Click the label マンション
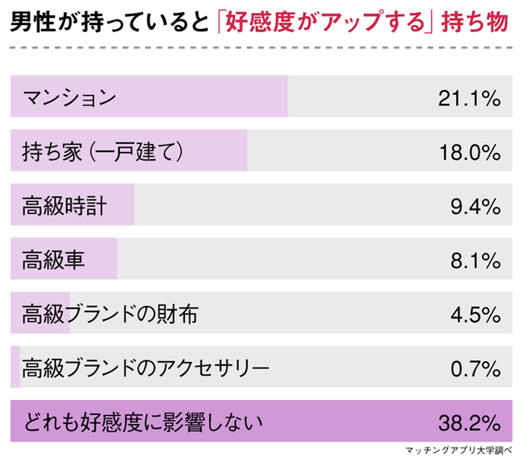point(70,97)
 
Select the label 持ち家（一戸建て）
point(105,151)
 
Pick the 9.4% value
point(476,206)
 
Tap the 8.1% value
point(476,260)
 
